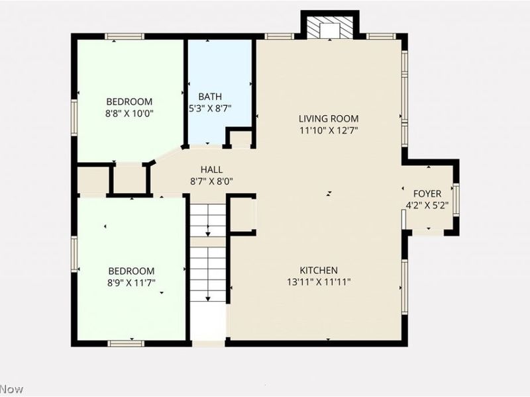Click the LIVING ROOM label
329,118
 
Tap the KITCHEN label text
319,270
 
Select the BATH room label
205,97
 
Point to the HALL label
211,169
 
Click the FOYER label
427,193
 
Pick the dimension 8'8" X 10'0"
130,113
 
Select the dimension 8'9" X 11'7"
131,283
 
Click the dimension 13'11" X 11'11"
319,282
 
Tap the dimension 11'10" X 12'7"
329,130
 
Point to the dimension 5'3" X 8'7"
209,109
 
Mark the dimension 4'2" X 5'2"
427,205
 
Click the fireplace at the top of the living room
329,28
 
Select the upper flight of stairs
209,220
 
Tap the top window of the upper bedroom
125,36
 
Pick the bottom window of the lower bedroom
126,343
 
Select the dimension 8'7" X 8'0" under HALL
211,181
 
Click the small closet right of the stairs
242,214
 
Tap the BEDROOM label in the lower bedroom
131,271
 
